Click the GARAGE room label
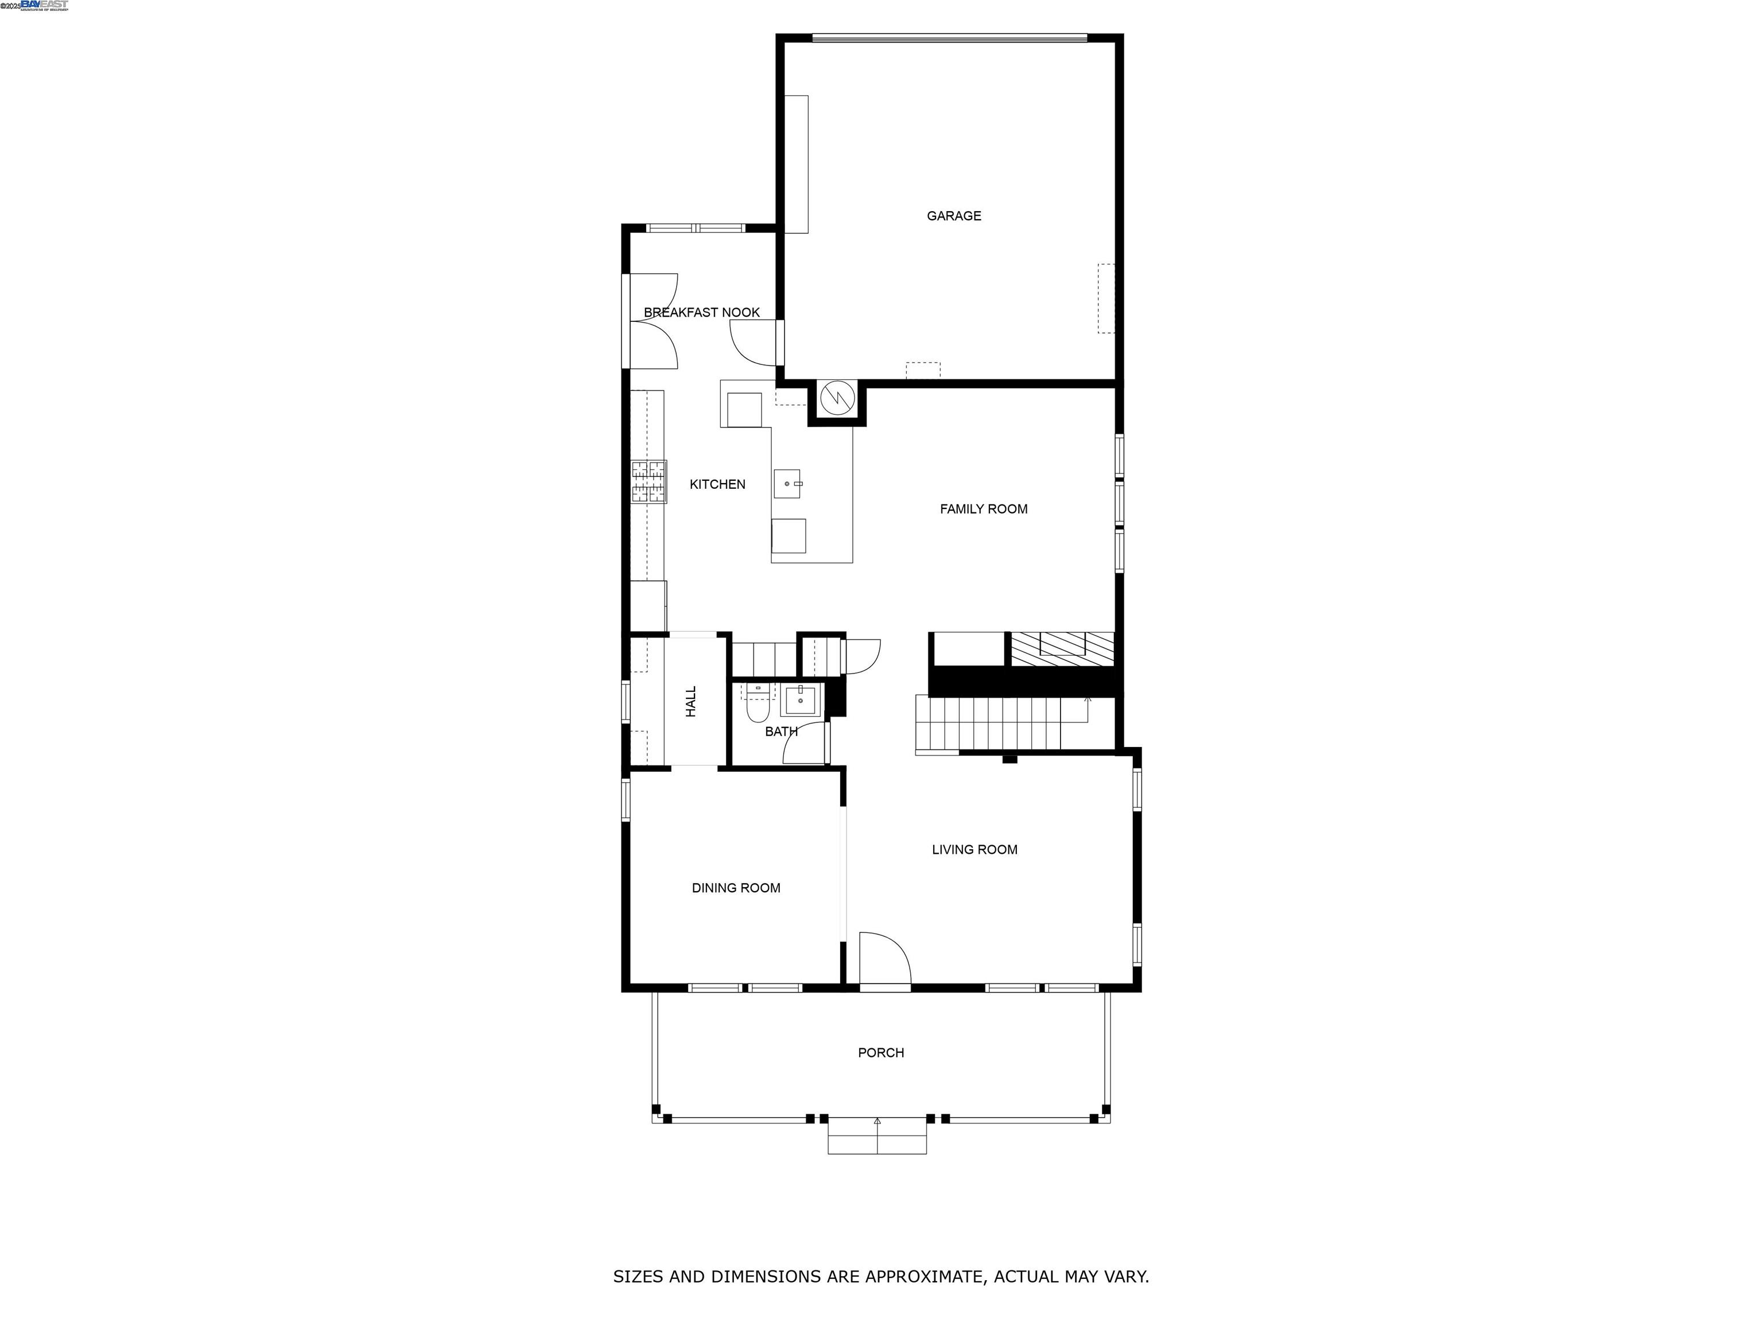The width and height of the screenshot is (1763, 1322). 953,216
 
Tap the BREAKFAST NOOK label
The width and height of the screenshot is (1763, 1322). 701,312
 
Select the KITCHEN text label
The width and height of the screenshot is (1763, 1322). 717,484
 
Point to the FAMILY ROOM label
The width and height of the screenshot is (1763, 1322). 984,509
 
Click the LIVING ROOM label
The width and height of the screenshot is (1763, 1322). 974,849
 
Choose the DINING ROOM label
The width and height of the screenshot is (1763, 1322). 736,888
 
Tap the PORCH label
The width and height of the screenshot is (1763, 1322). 881,1053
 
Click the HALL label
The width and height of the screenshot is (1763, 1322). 691,701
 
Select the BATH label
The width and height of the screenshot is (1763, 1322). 781,732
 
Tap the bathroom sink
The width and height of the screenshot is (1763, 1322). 799,701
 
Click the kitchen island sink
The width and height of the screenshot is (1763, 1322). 787,484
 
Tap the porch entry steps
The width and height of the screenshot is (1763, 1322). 877,1136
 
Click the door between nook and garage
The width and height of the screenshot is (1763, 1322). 755,343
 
